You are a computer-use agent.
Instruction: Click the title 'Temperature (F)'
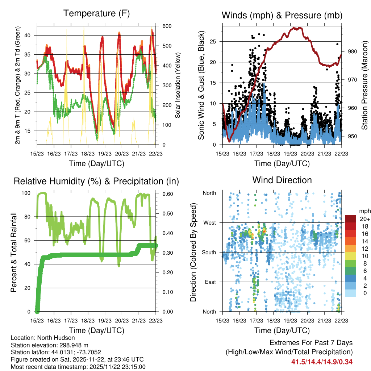96,14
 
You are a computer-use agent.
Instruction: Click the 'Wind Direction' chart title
282,180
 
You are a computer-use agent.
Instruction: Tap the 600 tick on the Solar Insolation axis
166,26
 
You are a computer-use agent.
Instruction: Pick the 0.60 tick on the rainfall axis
166,193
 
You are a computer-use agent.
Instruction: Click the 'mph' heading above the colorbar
364,211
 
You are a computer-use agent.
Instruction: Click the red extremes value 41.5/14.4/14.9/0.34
322,362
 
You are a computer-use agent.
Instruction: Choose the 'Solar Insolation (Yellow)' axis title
178,85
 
